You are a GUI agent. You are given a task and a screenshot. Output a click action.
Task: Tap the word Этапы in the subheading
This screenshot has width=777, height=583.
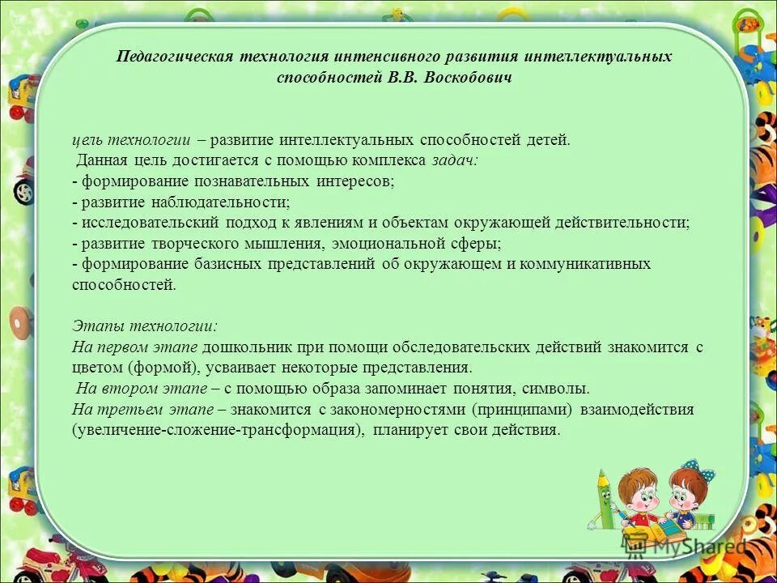[x=94, y=326]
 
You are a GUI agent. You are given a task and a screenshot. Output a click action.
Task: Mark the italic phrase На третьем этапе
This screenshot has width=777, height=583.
[x=142, y=409]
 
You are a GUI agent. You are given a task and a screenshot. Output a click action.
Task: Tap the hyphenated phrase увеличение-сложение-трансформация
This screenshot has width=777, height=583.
[x=215, y=430]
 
